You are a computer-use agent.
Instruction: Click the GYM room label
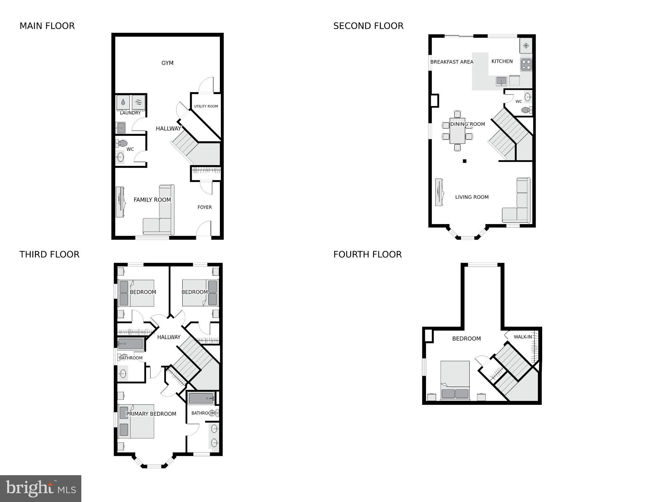pyautogui.click(x=167, y=63)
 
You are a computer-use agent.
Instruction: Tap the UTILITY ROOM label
pyautogui.click(x=206, y=106)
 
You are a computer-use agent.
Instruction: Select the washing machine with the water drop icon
pyautogui.click(x=123, y=102)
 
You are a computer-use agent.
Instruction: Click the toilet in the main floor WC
pyautogui.click(x=122, y=143)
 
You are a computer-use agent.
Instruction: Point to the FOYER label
pyautogui.click(x=204, y=207)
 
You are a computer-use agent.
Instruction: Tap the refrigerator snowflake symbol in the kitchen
pyautogui.click(x=526, y=46)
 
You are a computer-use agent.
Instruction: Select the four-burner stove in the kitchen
pyautogui.click(x=526, y=64)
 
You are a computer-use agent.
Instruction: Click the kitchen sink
pyautogui.click(x=501, y=80)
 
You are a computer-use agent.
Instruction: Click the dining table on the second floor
pyautogui.click(x=457, y=131)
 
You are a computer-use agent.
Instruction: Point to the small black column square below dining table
pyautogui.click(x=464, y=161)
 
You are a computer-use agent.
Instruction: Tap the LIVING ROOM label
pyautogui.click(x=472, y=197)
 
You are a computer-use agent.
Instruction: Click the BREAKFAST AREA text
pyautogui.click(x=451, y=62)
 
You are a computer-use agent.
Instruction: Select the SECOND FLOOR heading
pyautogui.click(x=368, y=26)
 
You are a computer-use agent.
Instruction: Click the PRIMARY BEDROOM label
pyautogui.click(x=151, y=414)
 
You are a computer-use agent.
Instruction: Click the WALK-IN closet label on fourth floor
pyautogui.click(x=523, y=337)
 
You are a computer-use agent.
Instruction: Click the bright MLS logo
pyautogui.click(x=41, y=489)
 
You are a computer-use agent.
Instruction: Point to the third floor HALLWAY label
pyautogui.click(x=169, y=337)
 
